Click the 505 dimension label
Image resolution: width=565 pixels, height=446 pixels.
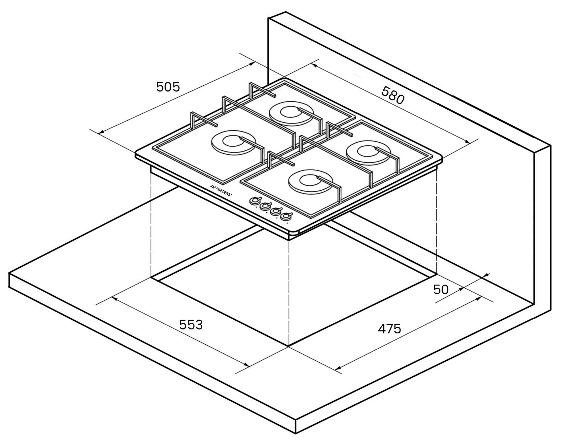coord(168,87)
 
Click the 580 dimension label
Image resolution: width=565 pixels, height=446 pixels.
coord(393,95)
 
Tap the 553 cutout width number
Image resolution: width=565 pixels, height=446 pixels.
coord(191,325)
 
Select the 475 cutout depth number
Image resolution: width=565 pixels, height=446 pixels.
coord(389,329)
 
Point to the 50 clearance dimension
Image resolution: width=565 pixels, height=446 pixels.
coord(441,290)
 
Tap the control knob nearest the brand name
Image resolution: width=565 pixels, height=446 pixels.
coord(255,201)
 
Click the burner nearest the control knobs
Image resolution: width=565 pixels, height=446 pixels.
coord(310,182)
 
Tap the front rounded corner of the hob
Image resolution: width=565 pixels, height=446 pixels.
coord(294,232)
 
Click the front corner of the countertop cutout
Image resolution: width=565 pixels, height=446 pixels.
coord(289,346)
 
